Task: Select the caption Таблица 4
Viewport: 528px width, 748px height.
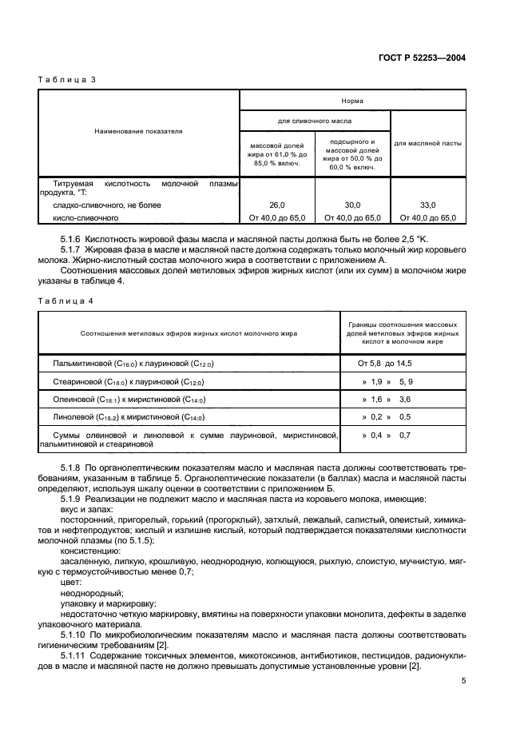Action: [x=62, y=300]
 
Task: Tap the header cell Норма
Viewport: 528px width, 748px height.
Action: [x=353, y=101]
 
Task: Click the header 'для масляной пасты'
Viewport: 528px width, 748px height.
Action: [x=427, y=144]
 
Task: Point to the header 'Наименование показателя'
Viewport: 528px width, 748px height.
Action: [x=138, y=132]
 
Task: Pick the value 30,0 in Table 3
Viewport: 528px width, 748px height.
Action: [x=352, y=205]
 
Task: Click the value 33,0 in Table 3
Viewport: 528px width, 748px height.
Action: [x=427, y=205]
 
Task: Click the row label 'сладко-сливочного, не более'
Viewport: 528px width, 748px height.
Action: [x=107, y=205]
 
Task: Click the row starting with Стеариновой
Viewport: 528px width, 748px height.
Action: [x=129, y=381]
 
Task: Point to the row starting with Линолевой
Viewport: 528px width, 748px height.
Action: [x=129, y=417]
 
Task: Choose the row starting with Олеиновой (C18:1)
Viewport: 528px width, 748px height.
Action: [x=129, y=399]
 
